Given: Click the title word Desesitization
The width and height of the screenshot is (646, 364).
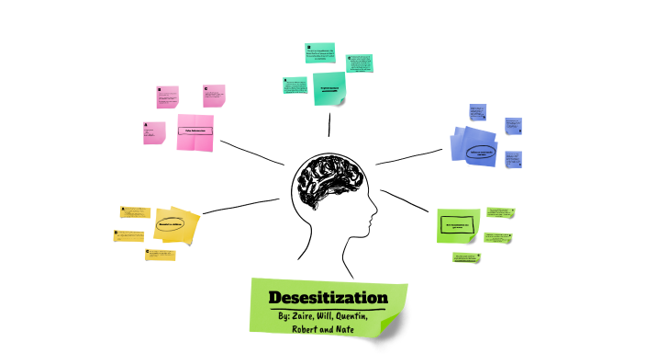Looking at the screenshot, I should (328, 298).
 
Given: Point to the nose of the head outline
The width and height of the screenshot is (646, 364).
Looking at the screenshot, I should (374, 220).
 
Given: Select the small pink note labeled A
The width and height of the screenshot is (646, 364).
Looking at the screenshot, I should (153, 132).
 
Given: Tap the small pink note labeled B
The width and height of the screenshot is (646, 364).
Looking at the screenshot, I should (167, 97).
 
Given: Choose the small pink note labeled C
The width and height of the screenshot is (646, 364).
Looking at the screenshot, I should (214, 96).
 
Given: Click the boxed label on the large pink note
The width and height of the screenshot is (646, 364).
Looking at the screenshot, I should (195, 131).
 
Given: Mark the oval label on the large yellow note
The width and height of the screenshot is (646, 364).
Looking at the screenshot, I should (171, 223).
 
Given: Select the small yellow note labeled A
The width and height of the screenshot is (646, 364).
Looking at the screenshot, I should (133, 211).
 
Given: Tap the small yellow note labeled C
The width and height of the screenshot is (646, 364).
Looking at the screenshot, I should (160, 255).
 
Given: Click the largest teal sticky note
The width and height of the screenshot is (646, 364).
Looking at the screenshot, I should (329, 88).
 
